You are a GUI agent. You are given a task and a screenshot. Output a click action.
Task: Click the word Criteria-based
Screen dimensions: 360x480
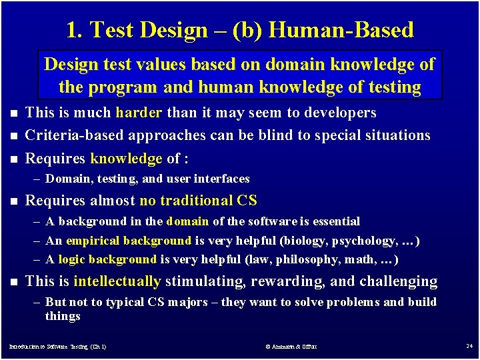[73, 135]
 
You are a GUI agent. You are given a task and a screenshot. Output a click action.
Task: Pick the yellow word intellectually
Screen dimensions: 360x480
[117, 281]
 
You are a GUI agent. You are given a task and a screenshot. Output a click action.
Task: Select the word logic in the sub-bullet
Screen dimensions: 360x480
[72, 259]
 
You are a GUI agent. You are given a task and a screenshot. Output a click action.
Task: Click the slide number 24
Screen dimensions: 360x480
[469, 347]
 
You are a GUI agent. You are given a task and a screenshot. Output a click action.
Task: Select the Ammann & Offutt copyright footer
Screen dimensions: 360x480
[290, 347]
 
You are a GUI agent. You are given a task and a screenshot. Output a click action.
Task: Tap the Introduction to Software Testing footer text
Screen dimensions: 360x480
[57, 347]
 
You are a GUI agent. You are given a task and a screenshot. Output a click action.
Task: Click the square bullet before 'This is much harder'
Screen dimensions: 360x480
[10, 113]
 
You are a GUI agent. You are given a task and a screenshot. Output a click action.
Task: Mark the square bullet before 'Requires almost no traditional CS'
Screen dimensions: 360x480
[10, 201]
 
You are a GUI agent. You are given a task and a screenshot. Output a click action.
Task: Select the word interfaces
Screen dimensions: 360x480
[226, 178]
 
